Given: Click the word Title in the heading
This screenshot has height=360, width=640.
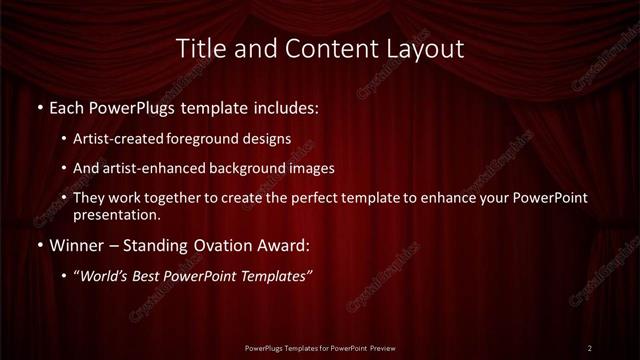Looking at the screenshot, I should tap(197, 49).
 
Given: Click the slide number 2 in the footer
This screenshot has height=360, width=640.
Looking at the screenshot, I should tap(590, 348).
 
